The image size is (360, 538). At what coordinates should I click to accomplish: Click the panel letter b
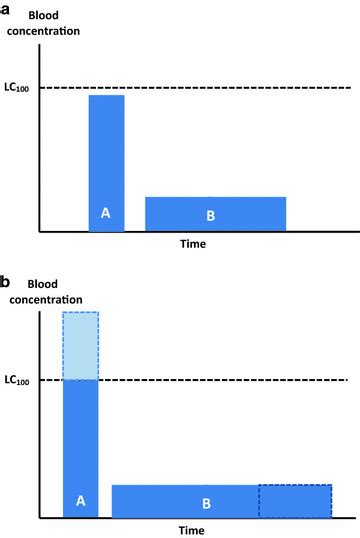click(x=6, y=282)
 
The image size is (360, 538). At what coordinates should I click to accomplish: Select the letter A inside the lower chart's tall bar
click(x=80, y=497)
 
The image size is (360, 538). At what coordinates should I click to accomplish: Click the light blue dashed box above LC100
click(x=80, y=346)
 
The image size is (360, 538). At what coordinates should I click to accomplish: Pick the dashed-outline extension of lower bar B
click(x=294, y=501)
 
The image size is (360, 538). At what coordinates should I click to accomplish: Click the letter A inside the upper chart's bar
click(x=106, y=212)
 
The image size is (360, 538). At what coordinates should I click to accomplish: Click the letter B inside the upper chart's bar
click(x=210, y=214)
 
